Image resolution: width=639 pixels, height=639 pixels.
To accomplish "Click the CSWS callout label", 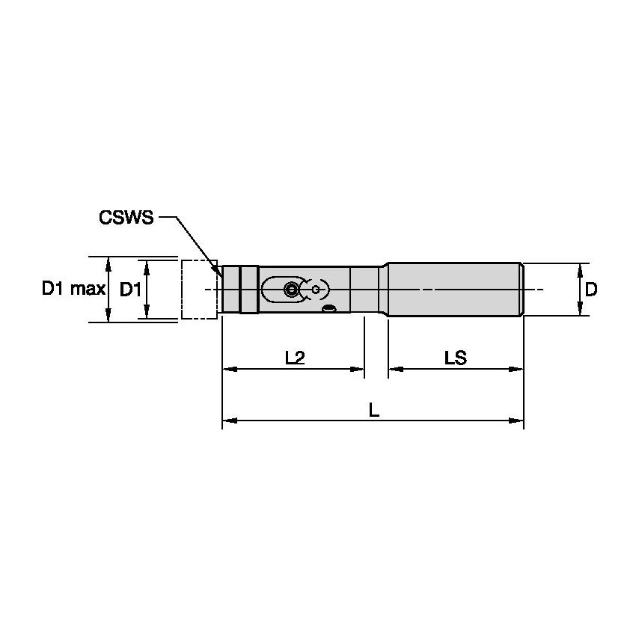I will pyautogui.click(x=125, y=218).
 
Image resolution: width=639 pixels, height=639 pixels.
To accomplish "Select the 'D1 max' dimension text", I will pyautogui.click(x=73, y=290).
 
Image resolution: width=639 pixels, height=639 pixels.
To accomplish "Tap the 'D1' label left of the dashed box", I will pyautogui.click(x=130, y=290).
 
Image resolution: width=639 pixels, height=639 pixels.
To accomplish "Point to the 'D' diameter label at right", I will pyautogui.click(x=591, y=290).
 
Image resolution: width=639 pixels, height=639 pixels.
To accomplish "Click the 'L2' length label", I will pyautogui.click(x=295, y=358).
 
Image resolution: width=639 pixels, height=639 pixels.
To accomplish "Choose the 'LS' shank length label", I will pyautogui.click(x=455, y=358).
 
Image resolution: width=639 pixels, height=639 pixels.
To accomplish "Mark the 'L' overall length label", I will pyautogui.click(x=373, y=410).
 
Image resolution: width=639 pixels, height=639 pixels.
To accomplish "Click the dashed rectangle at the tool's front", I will pyautogui.click(x=199, y=290).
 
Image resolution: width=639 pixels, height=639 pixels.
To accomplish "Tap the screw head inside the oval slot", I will pyautogui.click(x=290, y=288).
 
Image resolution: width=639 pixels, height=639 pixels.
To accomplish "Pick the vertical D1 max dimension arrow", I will pyautogui.click(x=109, y=290).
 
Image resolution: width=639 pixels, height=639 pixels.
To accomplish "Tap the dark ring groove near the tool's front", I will pyautogui.click(x=240, y=290).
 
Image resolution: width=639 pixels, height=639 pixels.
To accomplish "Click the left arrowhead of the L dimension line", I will pyautogui.click(x=227, y=421).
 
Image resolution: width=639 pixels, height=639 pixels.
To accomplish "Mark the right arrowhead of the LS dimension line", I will pyautogui.click(x=518, y=369).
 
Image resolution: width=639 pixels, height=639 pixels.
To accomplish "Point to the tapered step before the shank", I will pyautogui.click(x=384, y=290).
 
